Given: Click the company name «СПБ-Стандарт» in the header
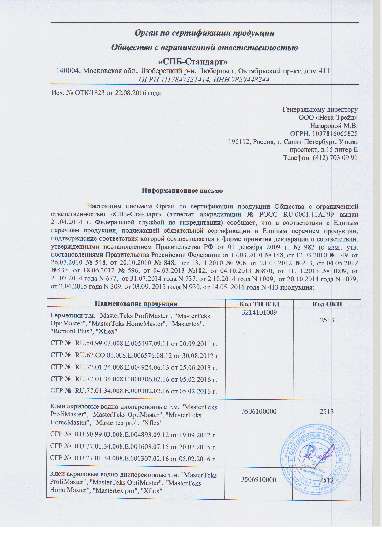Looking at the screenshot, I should pyautogui.click(x=193, y=62).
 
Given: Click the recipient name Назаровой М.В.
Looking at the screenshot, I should pyautogui.click(x=334, y=126).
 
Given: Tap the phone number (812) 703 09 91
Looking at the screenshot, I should pyautogui.click(x=334, y=158).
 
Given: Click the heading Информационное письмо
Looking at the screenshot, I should pyautogui.click(x=182, y=190).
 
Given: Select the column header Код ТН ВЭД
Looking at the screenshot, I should pyautogui.click(x=259, y=304).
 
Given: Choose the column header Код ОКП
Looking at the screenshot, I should pyautogui.click(x=327, y=304).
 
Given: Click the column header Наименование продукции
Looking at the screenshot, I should pyautogui.click(x=136, y=304).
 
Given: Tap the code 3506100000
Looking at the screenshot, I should pyautogui.click(x=259, y=411).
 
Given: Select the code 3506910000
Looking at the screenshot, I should pyautogui.click(x=259, y=479).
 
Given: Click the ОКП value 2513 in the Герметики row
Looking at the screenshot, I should pyautogui.click(x=327, y=320).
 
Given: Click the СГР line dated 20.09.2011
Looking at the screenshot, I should pyautogui.click(x=134, y=344).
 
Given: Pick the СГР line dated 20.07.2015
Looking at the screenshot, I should pyautogui.click(x=133, y=447).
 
